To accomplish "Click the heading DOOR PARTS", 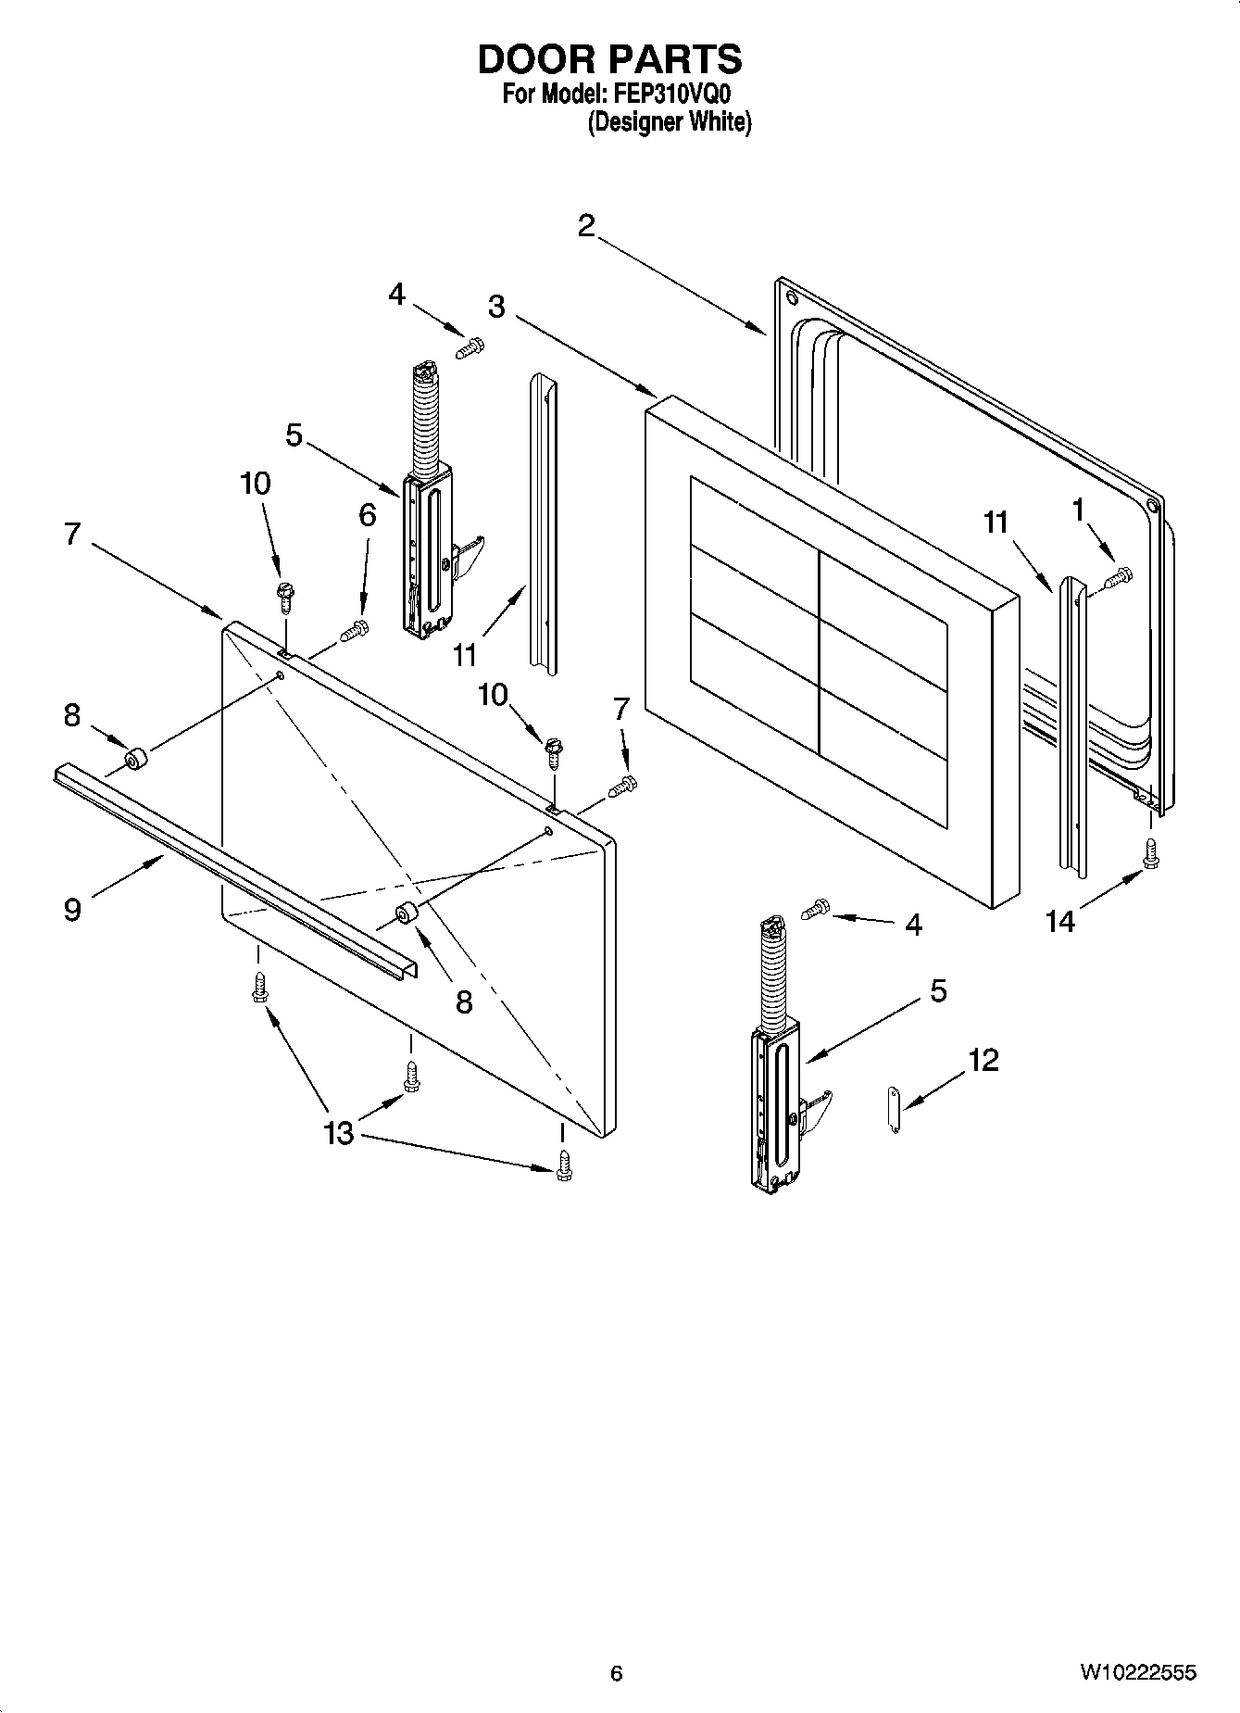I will pos(609,59).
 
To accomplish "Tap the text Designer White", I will pos(670,122).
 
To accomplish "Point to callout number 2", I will pos(585,225).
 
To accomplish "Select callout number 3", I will pos(497,307).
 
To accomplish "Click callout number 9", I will pos(72,909).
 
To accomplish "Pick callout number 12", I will pos(984,1060).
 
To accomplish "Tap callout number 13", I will pos(339,1132).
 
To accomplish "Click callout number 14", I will pos(1059,921).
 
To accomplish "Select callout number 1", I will pos(1077,509).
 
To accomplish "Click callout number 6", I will pos(368,516).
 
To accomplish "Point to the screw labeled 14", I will pos(1151,853).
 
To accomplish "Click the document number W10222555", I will pos(1136,1672).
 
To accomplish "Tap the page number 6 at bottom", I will pos(617,1673).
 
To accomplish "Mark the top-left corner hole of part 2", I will pos(790,297).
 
